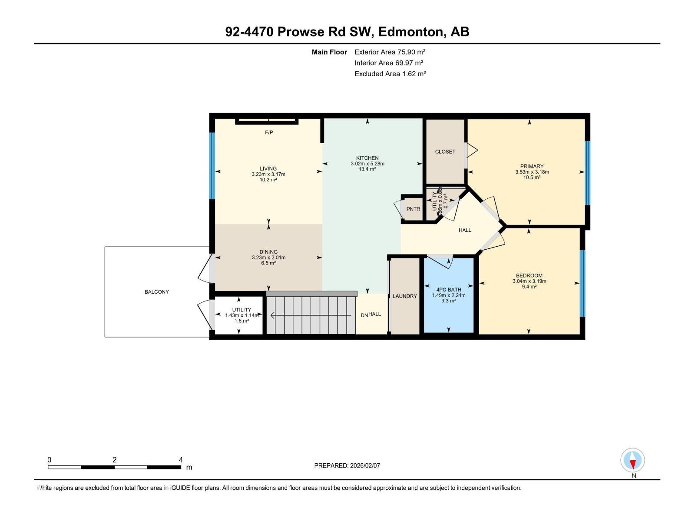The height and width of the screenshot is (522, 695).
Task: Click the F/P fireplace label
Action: coord(269,132)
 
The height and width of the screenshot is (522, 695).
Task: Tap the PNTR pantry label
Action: coord(413,209)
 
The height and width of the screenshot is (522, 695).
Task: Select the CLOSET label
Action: coord(445,152)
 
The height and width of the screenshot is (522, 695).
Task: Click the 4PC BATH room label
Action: coord(449,290)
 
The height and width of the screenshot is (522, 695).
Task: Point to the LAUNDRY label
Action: coord(405,296)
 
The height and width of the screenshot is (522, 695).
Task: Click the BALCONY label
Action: coord(157,292)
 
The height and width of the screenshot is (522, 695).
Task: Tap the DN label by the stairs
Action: coord(364,315)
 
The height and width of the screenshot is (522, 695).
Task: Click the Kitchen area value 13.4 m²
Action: coord(367,169)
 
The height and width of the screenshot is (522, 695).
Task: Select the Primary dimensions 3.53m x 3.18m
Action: coord(532,172)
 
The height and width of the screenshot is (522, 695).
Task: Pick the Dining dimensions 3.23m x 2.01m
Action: coord(268,258)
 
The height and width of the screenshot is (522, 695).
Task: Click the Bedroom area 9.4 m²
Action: coord(529,287)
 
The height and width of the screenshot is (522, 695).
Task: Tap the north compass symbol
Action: coord(632,460)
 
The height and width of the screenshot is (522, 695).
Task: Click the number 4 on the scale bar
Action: coord(181,460)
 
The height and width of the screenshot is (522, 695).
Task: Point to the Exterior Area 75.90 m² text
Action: coord(390,52)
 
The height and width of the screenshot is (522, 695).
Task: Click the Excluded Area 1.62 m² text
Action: coord(390,74)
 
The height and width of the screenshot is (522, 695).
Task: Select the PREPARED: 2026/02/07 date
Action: coord(347,465)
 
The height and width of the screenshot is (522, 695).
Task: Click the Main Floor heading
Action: coord(329,52)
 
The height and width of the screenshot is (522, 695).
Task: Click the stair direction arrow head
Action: coord(272,315)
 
